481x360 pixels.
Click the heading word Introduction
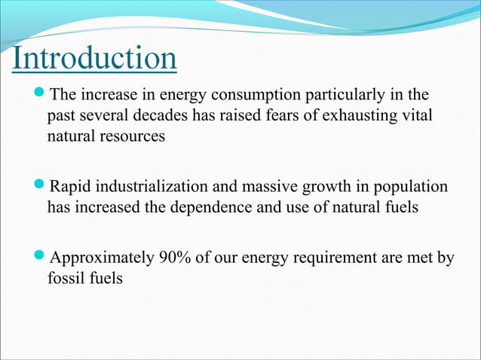click(94, 59)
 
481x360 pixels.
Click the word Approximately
click(100, 258)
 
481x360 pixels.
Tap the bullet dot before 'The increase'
click(40, 95)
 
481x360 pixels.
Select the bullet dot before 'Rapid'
click(40, 185)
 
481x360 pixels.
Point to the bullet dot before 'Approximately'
click(40, 257)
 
